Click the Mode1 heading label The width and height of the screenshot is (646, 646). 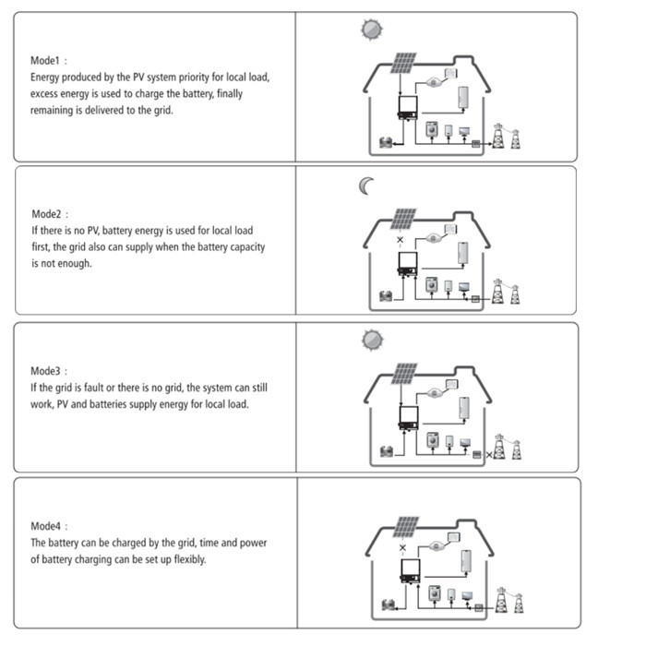tap(45, 61)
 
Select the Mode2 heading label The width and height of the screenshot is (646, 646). tap(46, 214)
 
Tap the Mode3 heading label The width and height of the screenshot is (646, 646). tap(45, 371)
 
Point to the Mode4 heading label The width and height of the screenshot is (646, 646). tap(46, 526)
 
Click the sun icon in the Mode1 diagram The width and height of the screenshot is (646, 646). tap(372, 30)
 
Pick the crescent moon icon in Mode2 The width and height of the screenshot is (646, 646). tap(365, 186)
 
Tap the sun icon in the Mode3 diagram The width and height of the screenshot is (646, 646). tap(373, 340)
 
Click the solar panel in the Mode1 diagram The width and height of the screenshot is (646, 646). tap(404, 63)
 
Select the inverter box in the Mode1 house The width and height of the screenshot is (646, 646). tap(408, 107)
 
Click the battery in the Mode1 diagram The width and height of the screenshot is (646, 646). tap(386, 142)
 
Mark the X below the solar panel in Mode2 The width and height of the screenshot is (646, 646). tap(400, 239)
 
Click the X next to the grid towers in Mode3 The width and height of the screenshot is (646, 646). tap(489, 455)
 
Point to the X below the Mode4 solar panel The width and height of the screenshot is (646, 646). tap(402, 547)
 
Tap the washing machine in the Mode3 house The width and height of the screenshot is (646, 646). tap(433, 439)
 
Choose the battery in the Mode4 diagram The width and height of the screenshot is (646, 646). tap(389, 604)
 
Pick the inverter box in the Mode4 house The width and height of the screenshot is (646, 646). tap(411, 570)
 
